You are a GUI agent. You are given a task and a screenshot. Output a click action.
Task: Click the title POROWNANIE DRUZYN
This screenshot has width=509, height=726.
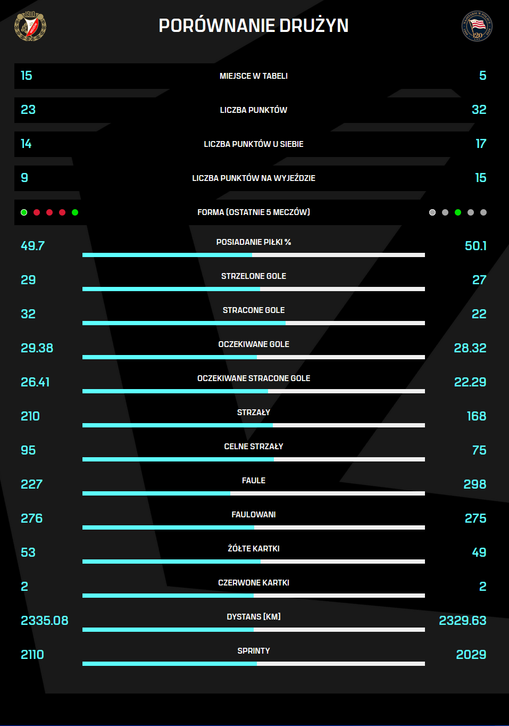[x=254, y=26]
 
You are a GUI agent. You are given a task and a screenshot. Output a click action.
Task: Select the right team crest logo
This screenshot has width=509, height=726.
[x=477, y=26]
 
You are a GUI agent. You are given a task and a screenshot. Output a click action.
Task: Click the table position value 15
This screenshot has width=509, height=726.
[x=27, y=76]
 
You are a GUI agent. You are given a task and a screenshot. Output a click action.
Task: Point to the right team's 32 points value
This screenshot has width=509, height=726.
[x=479, y=110]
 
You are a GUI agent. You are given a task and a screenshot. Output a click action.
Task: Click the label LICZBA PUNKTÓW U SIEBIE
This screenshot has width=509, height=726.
[x=254, y=144]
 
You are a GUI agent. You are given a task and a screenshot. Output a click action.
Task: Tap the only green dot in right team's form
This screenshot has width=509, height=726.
[x=458, y=212]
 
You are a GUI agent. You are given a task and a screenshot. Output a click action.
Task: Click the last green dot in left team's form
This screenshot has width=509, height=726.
[x=75, y=212]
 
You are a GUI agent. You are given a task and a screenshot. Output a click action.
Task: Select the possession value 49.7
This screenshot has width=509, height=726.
[x=32, y=246]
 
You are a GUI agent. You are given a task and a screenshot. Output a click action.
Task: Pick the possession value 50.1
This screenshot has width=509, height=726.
[x=475, y=246]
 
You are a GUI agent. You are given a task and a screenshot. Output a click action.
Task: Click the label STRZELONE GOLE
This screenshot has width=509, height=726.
[x=254, y=276]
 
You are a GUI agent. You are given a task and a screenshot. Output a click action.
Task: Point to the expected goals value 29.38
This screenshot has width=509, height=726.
[x=37, y=348]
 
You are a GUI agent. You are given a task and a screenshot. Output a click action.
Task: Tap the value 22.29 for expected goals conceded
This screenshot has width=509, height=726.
[x=470, y=382]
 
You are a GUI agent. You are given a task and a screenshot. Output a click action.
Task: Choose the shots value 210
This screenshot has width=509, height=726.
[x=30, y=416]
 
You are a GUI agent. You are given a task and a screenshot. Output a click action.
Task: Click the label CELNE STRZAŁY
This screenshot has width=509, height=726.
[x=254, y=447]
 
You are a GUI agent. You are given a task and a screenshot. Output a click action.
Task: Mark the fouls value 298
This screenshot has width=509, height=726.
[x=474, y=484]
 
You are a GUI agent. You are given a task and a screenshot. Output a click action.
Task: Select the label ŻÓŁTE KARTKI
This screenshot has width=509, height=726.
[x=254, y=549]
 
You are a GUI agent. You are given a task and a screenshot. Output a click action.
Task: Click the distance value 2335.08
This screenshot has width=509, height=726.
[x=44, y=621]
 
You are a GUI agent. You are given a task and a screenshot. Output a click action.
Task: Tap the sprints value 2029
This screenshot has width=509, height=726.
[x=471, y=655]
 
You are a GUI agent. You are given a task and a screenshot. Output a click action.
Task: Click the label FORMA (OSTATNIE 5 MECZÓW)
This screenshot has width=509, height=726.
[x=254, y=212]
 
